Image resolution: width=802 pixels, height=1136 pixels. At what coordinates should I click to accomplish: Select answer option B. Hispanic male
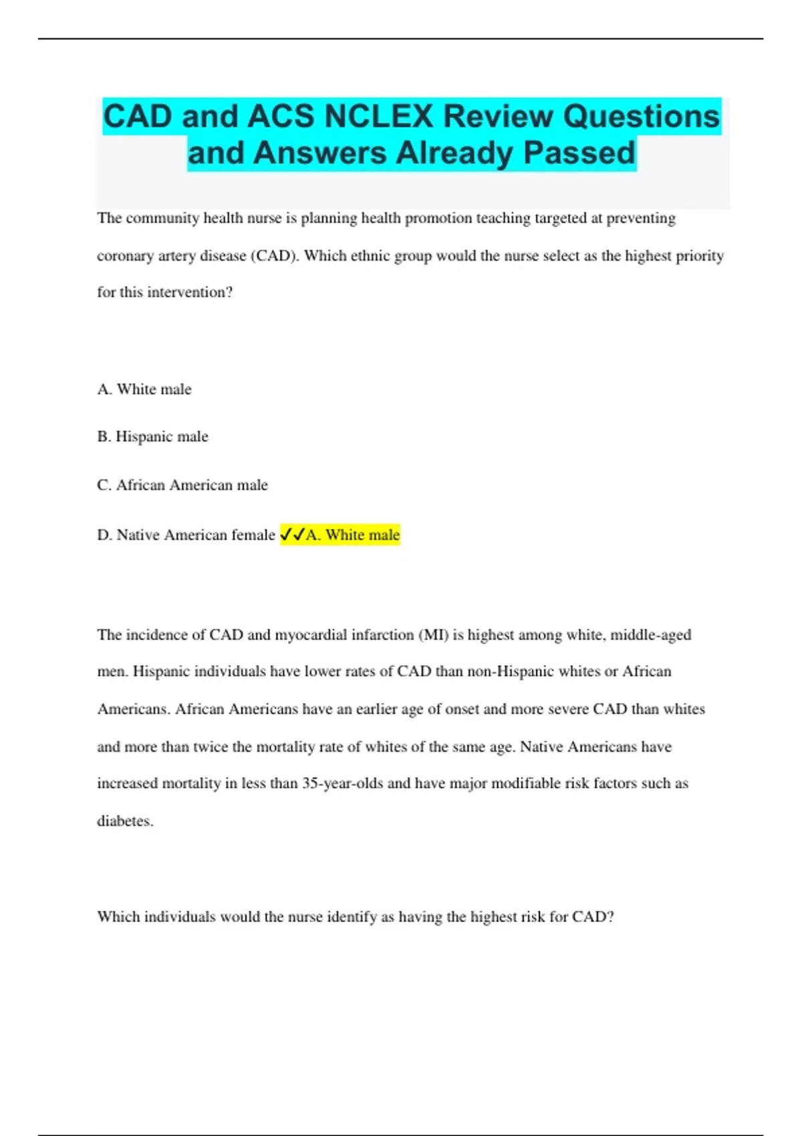click(x=153, y=437)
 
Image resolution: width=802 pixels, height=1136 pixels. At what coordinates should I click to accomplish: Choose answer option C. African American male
click(x=182, y=485)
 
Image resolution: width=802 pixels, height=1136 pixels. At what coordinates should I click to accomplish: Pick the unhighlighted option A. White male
click(x=144, y=389)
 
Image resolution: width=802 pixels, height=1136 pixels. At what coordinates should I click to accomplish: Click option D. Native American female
click(x=186, y=535)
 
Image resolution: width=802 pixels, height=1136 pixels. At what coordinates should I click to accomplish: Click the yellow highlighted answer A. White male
click(x=353, y=535)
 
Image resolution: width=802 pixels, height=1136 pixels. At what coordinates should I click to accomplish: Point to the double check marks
click(x=292, y=535)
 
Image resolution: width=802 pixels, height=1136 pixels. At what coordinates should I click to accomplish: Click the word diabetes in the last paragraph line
click(x=125, y=821)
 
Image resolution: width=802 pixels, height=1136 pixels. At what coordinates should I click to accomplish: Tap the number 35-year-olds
click(x=342, y=783)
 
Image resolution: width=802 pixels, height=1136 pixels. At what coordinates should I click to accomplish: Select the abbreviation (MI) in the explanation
click(x=433, y=635)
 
